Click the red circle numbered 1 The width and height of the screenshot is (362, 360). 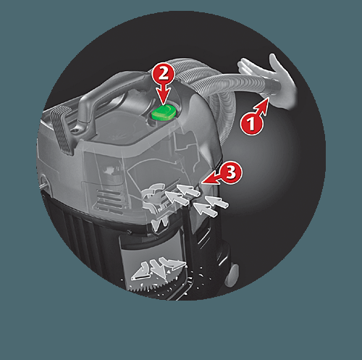pyautogui.click(x=251, y=123)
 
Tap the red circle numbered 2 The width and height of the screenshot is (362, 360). pyautogui.click(x=163, y=73)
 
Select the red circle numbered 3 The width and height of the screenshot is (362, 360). pyautogui.click(x=231, y=173)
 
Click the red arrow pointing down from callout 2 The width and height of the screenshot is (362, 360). pyautogui.click(x=163, y=96)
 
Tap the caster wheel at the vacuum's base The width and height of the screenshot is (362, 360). pyautogui.click(x=232, y=274)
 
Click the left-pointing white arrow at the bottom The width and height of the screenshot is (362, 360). pyautogui.click(x=140, y=272)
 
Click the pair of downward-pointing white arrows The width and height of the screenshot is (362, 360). pyautogui.click(x=160, y=224)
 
